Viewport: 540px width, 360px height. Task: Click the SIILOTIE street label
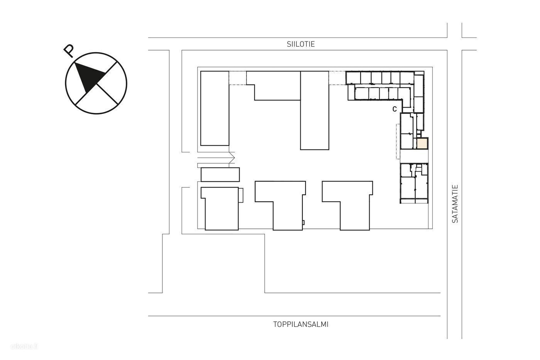point(300,44)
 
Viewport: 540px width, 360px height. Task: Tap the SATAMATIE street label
point(455,204)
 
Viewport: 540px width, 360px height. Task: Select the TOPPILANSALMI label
point(300,325)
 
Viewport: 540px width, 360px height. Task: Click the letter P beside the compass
point(69,51)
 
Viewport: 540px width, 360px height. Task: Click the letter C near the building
point(394,109)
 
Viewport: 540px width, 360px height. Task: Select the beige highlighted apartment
point(422,144)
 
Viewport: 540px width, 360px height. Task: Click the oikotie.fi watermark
point(24,346)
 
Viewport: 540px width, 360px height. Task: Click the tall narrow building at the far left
point(214,108)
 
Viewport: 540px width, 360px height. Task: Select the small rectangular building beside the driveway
point(220,174)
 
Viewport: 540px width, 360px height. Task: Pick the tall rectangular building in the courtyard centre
point(315,110)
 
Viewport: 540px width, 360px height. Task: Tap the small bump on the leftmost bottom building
point(241,195)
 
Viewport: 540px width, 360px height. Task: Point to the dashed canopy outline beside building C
point(398,142)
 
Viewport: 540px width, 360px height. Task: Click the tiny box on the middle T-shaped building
point(303,223)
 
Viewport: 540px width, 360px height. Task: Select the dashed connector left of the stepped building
point(238,78)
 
